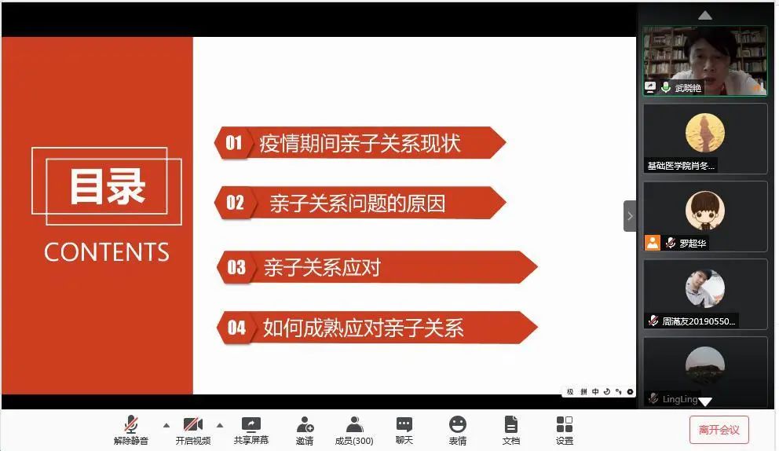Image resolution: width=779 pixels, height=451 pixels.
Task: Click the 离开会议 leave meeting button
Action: click(719, 430)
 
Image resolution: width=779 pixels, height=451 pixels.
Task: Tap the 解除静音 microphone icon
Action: click(131, 424)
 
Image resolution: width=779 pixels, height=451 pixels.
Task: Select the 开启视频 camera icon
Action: click(192, 424)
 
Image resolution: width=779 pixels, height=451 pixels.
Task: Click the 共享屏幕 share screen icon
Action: click(251, 424)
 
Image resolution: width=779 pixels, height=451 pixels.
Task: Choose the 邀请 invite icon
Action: click(305, 424)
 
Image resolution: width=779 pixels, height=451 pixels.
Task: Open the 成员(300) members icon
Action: click(354, 424)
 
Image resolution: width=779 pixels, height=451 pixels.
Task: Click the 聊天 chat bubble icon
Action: click(404, 424)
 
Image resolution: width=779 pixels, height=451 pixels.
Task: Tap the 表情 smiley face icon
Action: click(458, 424)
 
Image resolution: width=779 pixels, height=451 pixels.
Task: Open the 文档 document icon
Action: click(510, 424)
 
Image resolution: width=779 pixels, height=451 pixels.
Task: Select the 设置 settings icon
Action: click(565, 424)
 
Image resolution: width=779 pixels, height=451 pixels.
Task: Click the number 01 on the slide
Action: click(234, 143)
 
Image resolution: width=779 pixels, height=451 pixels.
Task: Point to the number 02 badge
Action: click(235, 203)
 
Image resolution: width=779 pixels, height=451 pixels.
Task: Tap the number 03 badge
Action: click(236, 267)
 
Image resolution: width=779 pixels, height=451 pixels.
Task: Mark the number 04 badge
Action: click(236, 328)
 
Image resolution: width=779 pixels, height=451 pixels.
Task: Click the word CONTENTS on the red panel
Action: click(107, 252)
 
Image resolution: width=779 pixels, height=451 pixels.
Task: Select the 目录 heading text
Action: click(108, 186)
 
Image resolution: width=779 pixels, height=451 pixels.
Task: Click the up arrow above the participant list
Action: click(705, 16)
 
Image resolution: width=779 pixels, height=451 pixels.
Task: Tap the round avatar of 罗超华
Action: click(705, 211)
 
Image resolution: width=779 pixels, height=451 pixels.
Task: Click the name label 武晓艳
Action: click(688, 88)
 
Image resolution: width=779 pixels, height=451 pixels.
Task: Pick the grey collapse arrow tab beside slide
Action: click(630, 216)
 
